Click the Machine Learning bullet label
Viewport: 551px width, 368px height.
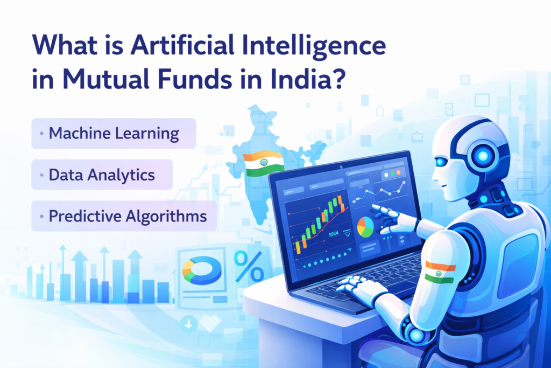[114, 133]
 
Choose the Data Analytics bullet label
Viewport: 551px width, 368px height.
[102, 175]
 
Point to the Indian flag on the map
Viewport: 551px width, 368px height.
[263, 163]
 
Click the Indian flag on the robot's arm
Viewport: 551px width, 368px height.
[440, 272]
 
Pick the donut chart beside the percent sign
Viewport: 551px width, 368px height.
[202, 269]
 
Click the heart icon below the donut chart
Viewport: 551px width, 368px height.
[210, 323]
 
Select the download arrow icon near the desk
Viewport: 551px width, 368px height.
[188, 324]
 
